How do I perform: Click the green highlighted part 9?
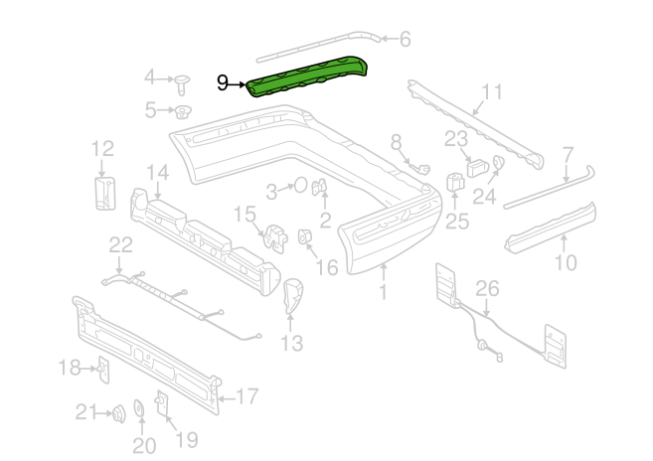pyautogui.click(x=307, y=77)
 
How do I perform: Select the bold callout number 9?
pyautogui.click(x=223, y=83)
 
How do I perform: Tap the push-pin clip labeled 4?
pyautogui.click(x=183, y=84)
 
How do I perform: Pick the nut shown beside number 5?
pyautogui.click(x=182, y=112)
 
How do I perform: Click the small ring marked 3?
pyautogui.click(x=301, y=186)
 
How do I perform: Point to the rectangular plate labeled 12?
pyautogui.click(x=104, y=193)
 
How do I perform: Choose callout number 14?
pyautogui.click(x=158, y=173)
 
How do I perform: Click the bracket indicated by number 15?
pyautogui.click(x=275, y=237)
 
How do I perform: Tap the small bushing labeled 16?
pyautogui.click(x=305, y=236)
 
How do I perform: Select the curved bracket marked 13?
pyautogui.click(x=292, y=296)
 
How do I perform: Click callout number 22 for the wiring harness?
pyautogui.click(x=121, y=245)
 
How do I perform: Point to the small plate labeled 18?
pyautogui.click(x=103, y=370)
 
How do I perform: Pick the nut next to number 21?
pyautogui.click(x=119, y=413)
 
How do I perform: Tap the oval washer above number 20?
pyautogui.click(x=139, y=407)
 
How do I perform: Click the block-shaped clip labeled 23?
pyautogui.click(x=477, y=167)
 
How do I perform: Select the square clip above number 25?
pyautogui.click(x=455, y=182)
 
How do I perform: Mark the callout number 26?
pyautogui.click(x=487, y=288)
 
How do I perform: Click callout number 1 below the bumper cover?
pyautogui.click(x=383, y=292)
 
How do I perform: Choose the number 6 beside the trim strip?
pyautogui.click(x=406, y=40)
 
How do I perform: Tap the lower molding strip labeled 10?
pyautogui.click(x=551, y=229)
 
